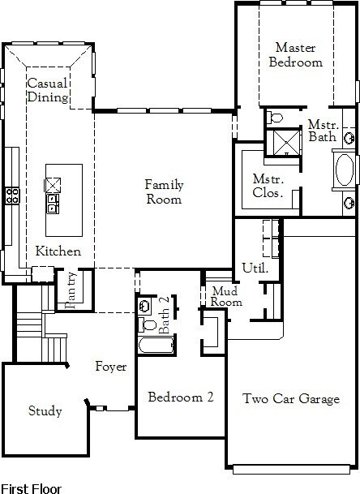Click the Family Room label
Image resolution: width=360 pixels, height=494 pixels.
pos(164,192)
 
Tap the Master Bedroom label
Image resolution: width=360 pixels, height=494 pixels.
pos(295,55)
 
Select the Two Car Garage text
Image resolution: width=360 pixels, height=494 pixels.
pos(291,398)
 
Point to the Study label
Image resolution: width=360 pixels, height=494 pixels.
pos(45,410)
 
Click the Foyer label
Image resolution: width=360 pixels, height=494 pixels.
pos(111,367)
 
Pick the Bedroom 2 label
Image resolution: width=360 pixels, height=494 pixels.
pos(181,397)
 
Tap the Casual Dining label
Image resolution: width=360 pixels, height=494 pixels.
pos(48,90)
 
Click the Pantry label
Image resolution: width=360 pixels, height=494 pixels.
pos(71,290)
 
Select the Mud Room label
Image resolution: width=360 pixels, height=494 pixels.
pos(226,296)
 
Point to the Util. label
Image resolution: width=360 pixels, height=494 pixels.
pos(255,268)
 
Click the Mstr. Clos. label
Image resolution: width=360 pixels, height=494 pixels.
pos(268,186)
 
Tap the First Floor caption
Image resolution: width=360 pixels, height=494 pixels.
pos(31,488)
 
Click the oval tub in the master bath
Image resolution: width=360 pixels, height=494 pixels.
pos(345,170)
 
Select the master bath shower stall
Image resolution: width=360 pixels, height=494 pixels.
pos(286,143)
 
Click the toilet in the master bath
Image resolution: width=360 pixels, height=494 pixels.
pos(274,118)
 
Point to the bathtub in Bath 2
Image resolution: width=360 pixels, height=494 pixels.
pos(156,345)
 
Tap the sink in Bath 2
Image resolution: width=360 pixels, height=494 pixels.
pos(144,305)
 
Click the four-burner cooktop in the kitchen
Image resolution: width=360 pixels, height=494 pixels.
pos(12,195)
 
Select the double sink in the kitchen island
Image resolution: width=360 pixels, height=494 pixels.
pos(53,204)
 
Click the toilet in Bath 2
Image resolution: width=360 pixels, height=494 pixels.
pos(148,324)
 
